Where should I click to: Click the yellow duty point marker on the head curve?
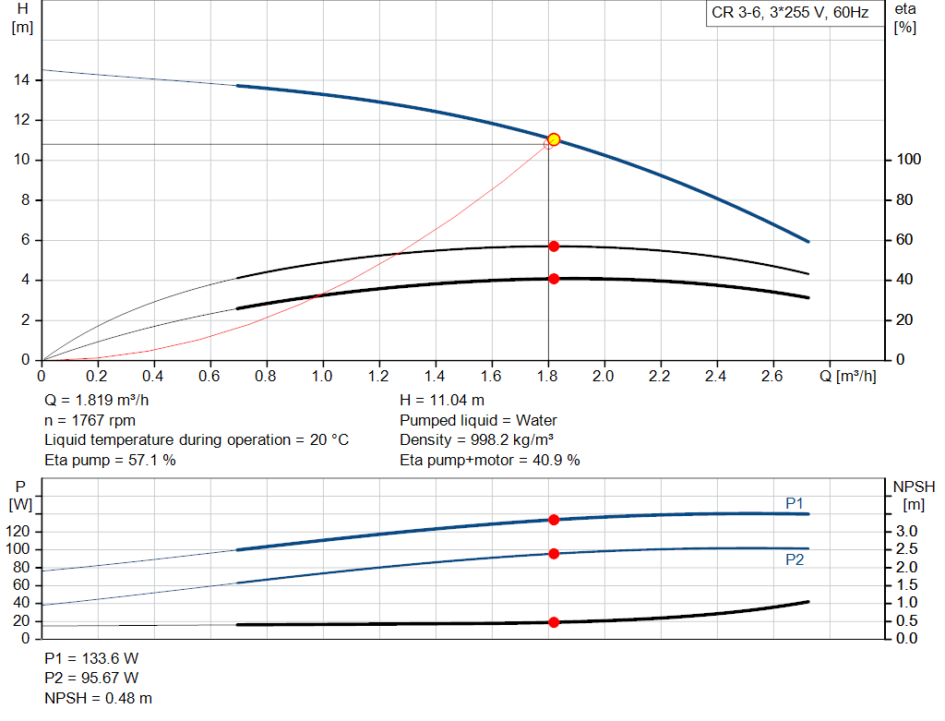554,139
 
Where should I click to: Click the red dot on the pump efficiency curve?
554,246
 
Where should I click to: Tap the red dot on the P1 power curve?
554,520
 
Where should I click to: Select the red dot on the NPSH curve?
554,622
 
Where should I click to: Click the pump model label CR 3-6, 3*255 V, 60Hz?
790,14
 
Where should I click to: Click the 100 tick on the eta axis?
906,161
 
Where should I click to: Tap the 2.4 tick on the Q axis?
715,377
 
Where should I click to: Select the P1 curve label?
795,503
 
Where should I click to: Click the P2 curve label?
795,560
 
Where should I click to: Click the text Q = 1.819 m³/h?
97,401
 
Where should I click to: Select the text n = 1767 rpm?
90,420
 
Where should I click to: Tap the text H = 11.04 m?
441,401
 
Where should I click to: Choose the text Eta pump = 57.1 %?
110,460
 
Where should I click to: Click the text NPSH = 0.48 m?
99,699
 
